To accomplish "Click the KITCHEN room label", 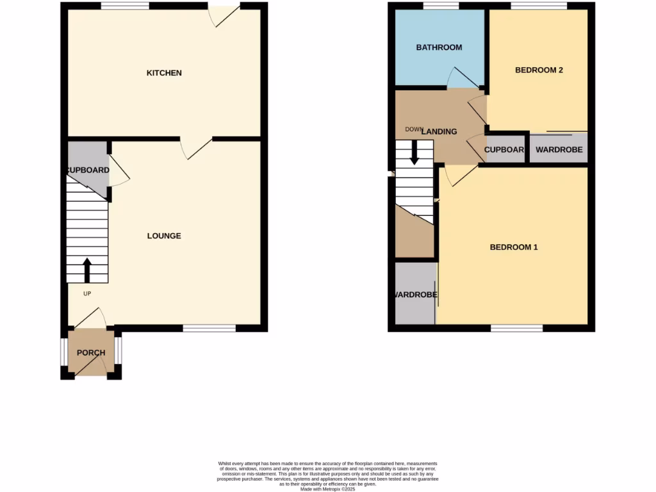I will [164, 73].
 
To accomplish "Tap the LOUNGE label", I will [164, 236].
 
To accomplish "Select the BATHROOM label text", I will [439, 47].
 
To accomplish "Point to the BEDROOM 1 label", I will [514, 247].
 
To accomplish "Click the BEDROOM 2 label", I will [539, 70].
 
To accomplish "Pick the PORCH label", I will [91, 353].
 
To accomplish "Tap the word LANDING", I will [440, 131].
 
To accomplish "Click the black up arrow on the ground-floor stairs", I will [87, 270].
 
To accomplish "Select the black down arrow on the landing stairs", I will [414, 152].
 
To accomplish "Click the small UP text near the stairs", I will [87, 294].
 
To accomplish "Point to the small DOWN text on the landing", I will [414, 129].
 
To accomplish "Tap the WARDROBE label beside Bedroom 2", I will [559, 150].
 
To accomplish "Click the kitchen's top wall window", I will [125, 6].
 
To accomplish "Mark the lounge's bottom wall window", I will [209, 328].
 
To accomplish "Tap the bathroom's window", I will [441, 6].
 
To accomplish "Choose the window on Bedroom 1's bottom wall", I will [517, 328].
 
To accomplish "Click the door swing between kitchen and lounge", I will [195, 147].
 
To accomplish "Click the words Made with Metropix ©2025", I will [327, 489].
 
